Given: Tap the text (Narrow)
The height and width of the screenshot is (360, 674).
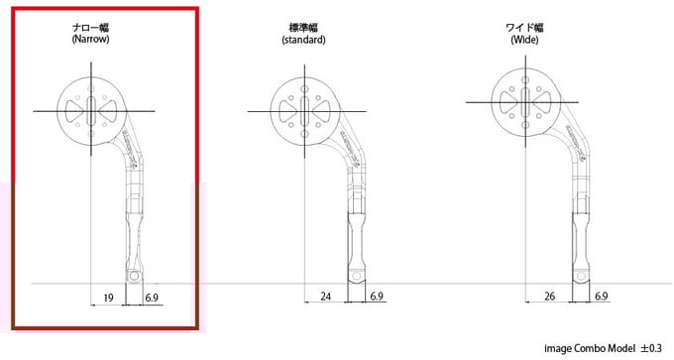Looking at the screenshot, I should point(90,42).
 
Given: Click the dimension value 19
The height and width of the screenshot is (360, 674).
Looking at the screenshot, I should point(109,298).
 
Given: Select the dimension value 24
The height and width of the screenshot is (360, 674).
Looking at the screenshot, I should point(326,298).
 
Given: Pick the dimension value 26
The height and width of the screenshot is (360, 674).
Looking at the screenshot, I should point(550,298).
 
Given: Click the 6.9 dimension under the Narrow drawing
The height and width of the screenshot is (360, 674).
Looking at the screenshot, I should point(152,298).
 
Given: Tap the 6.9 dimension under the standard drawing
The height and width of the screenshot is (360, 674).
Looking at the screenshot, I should point(377,298).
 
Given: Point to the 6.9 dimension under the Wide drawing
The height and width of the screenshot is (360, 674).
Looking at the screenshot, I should point(600,298).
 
